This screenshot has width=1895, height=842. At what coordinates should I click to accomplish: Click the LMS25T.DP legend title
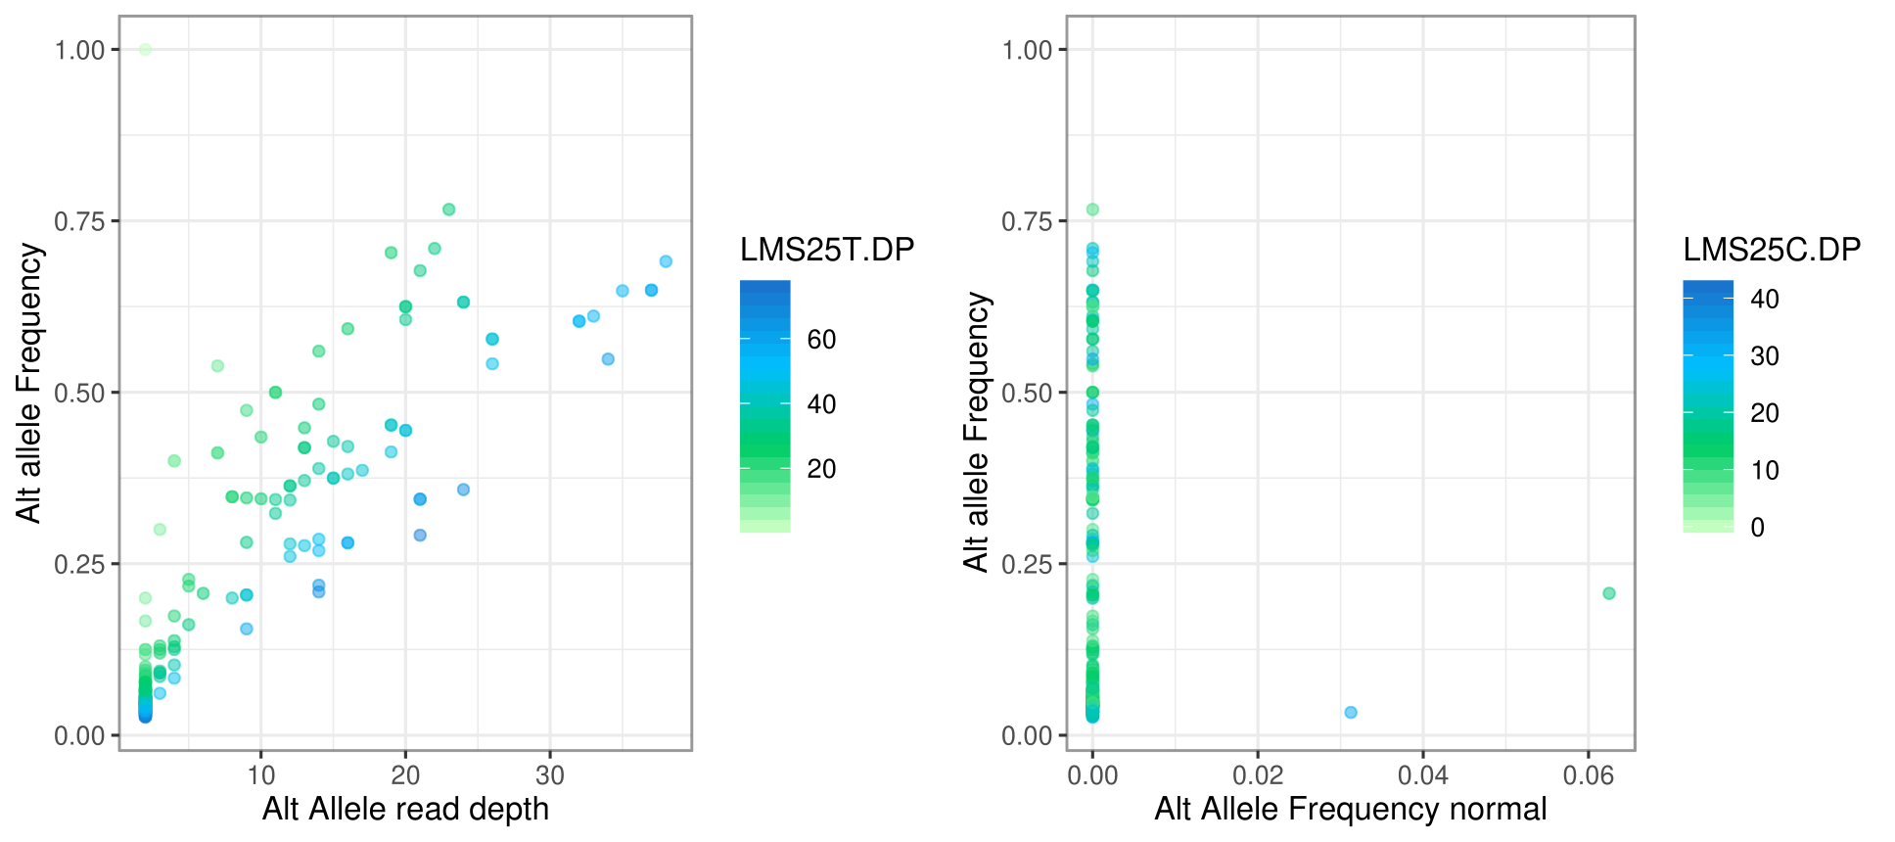pyautogui.click(x=827, y=250)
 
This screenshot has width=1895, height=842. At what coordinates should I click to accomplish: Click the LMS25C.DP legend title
pyautogui.click(x=1772, y=250)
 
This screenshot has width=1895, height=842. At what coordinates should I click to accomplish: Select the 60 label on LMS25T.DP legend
pyautogui.click(x=821, y=340)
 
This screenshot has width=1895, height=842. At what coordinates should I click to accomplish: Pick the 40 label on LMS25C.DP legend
pyautogui.click(x=1764, y=299)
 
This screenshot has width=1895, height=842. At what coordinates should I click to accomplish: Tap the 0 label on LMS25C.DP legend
pyautogui.click(x=1757, y=528)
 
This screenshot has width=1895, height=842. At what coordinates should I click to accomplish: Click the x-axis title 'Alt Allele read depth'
pyautogui.click(x=405, y=810)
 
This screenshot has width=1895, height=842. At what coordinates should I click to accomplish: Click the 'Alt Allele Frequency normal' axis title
pyautogui.click(x=1350, y=810)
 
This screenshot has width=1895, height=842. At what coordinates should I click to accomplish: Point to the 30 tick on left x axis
pyautogui.click(x=550, y=776)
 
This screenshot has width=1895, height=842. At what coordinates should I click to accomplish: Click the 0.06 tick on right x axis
pyautogui.click(x=1588, y=776)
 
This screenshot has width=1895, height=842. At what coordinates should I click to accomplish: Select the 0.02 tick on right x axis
pyautogui.click(x=1258, y=776)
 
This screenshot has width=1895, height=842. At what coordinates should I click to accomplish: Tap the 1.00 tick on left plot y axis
pyautogui.click(x=79, y=50)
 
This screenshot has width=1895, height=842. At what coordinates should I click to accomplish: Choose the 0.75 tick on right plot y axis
pyautogui.click(x=1027, y=221)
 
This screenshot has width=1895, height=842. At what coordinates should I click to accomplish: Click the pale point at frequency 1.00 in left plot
pyautogui.click(x=145, y=50)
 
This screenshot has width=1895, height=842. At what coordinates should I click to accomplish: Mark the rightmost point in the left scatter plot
pyautogui.click(x=666, y=261)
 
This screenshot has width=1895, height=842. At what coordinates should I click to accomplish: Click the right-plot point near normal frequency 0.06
pyautogui.click(x=1609, y=593)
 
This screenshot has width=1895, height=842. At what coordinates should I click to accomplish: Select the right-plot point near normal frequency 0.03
pyautogui.click(x=1351, y=712)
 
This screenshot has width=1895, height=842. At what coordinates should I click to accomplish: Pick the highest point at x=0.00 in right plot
pyautogui.click(x=1092, y=210)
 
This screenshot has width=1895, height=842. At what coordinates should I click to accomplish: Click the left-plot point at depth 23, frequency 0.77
pyautogui.click(x=449, y=210)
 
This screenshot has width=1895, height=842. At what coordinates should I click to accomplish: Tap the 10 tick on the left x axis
pyautogui.click(x=261, y=776)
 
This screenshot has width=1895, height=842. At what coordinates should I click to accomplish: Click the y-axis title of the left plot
pyautogui.click(x=29, y=382)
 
